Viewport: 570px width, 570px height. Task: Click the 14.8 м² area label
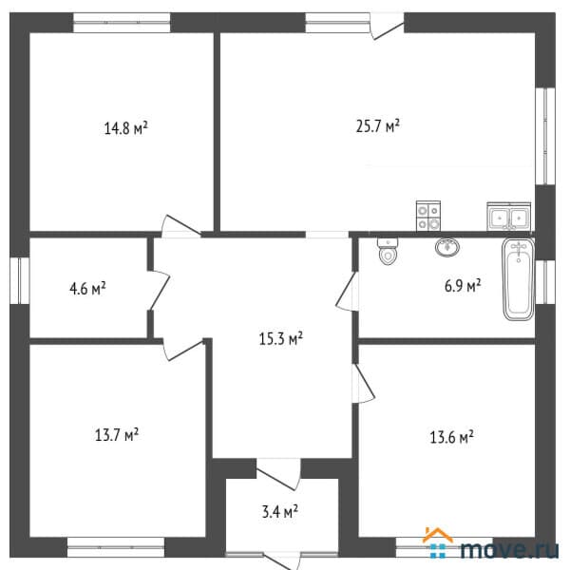[125, 128]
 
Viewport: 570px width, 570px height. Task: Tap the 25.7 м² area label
[378, 126]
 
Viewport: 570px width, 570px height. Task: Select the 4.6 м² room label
[87, 289]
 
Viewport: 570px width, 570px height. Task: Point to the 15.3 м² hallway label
[280, 338]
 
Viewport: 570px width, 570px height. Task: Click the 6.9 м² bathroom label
[463, 285]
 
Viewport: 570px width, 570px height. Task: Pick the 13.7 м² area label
[117, 434]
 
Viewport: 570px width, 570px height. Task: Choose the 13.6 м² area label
[451, 437]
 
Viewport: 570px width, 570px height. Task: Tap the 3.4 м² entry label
[280, 511]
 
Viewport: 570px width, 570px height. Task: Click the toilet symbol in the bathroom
[388, 251]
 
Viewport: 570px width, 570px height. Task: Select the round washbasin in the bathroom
[447, 247]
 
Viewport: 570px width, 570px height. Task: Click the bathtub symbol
[519, 279]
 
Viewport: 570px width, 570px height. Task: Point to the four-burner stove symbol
[428, 216]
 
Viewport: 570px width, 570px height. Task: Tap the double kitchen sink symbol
[509, 217]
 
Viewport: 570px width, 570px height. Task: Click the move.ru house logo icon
[438, 542]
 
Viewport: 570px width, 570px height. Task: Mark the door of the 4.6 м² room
[160, 291]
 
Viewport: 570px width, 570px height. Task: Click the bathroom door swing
[347, 292]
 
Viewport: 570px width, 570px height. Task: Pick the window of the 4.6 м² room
[20, 280]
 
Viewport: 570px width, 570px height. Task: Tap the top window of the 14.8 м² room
[122, 23]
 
